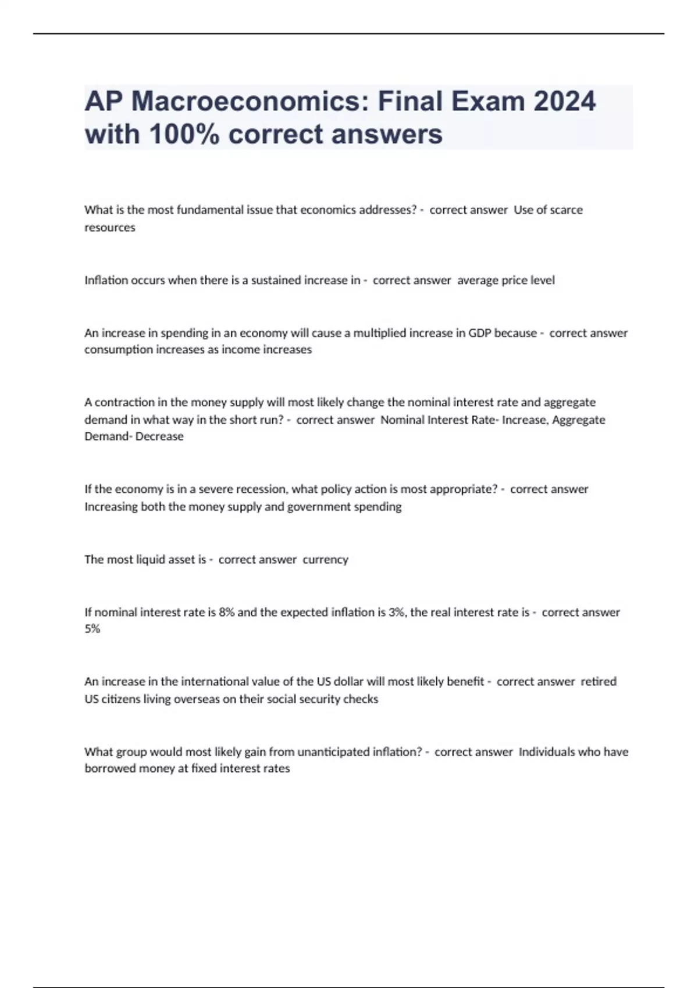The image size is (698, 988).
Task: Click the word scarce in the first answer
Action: pos(564,210)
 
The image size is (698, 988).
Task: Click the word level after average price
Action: pos(542,280)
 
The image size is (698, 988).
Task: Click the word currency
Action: pos(325,560)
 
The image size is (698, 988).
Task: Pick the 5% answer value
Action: pos(92,629)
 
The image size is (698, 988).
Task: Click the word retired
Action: pos(599,682)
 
